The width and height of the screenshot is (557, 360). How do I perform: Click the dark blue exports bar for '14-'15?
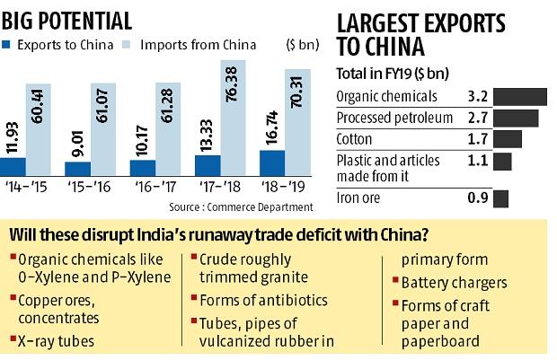(x=13, y=166)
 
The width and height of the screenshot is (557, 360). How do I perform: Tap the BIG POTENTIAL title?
(x=67, y=17)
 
